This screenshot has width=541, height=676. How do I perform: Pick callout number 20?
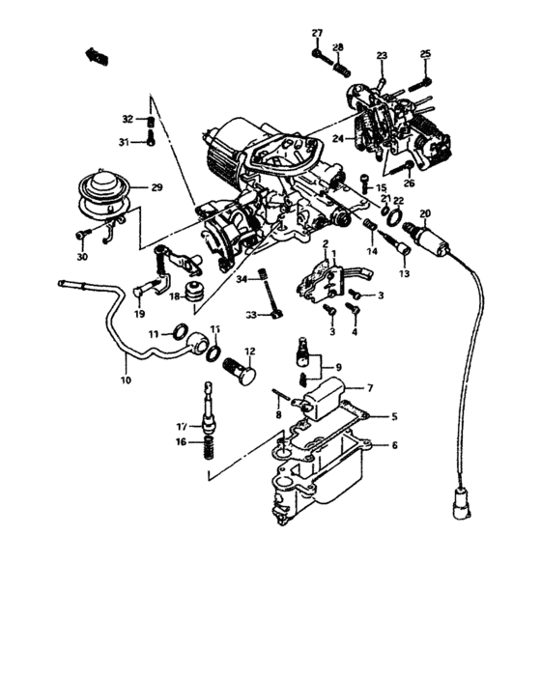pyautogui.click(x=426, y=213)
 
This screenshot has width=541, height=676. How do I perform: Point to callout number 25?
pyautogui.click(x=425, y=53)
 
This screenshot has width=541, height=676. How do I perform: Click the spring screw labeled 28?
pyautogui.click(x=338, y=68)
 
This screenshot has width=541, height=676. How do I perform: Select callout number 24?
pyautogui.click(x=338, y=137)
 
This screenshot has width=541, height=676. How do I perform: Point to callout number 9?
pyautogui.click(x=337, y=367)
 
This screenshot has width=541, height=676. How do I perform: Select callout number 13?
pyautogui.click(x=405, y=274)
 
